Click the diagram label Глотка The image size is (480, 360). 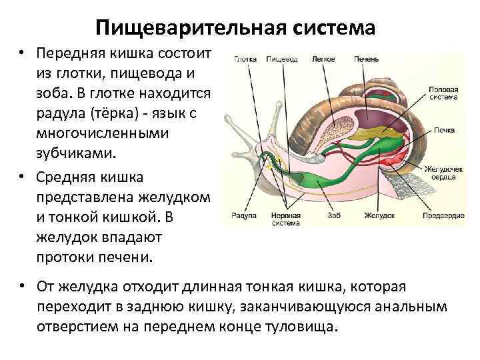pyautogui.click(x=246, y=59)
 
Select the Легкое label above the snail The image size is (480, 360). pyautogui.click(x=323, y=59)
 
